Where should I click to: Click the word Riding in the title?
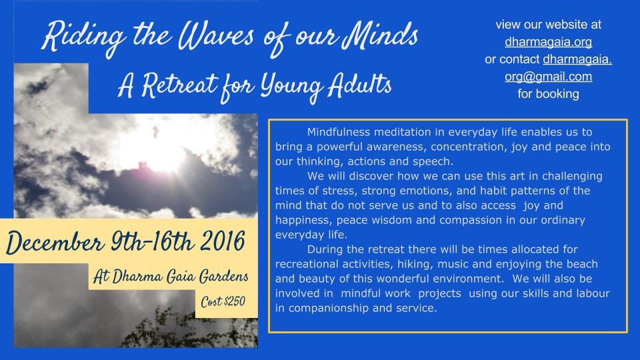pos(84,37)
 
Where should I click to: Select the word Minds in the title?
pos(380,35)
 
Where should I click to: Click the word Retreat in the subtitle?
pos(179,86)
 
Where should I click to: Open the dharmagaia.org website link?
pos(548,41)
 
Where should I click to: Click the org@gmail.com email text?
pos(548,76)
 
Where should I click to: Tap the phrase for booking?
pos(548,94)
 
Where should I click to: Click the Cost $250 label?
pos(223,301)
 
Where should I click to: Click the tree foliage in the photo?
pos(192,329)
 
